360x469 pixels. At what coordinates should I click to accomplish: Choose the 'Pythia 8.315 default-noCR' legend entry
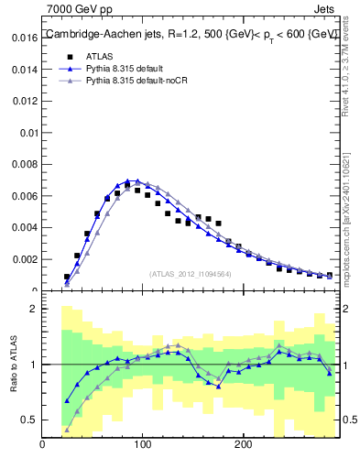click(141, 82)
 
